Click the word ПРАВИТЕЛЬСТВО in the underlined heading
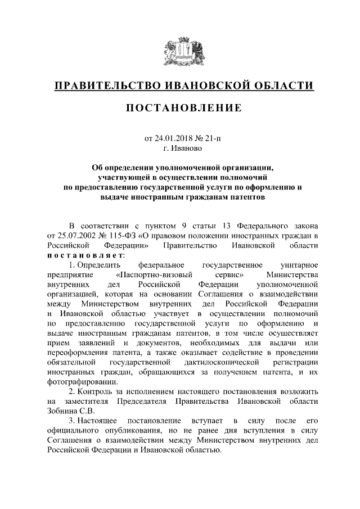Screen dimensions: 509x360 (x=106, y=86)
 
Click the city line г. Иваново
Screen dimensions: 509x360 (x=180, y=150)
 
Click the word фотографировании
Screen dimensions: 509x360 (x=79, y=382)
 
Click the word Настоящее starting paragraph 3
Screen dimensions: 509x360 (x=97, y=421)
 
